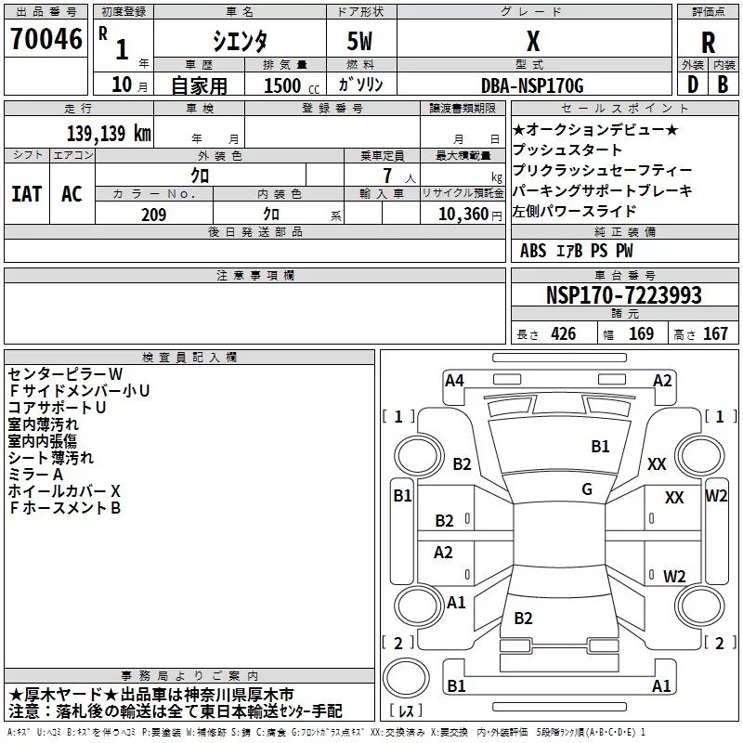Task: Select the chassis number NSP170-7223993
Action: pos(623,295)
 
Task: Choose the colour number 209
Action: pos(154,215)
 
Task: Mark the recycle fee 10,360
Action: pos(461,215)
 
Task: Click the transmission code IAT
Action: pos(26,194)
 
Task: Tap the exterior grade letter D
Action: pos(691,85)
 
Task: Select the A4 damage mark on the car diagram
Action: pos(454,380)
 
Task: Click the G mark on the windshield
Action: pos(587,489)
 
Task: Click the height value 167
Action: pos(715,334)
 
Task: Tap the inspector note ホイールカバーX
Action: pos(64,490)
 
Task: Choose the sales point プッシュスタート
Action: pos(567,150)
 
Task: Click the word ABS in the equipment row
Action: pos(533,251)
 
